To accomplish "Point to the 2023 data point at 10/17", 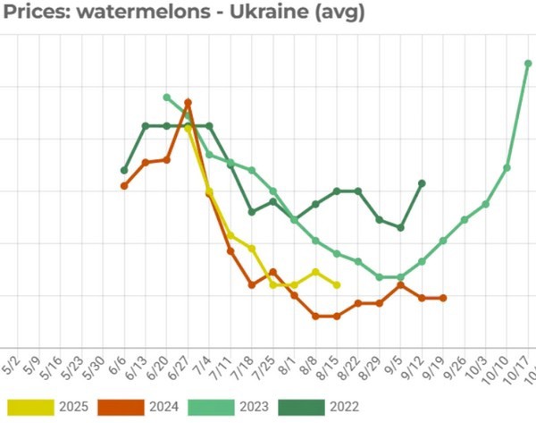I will click(528, 63).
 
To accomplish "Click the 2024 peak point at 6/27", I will click(188, 103).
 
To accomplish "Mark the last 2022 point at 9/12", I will click(422, 183).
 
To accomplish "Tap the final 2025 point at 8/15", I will click(337, 285).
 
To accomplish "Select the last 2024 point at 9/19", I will click(443, 298).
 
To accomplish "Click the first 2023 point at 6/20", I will click(167, 97).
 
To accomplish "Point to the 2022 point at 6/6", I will click(124, 170).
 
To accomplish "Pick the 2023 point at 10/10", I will click(507, 168).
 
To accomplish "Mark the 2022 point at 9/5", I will click(400, 227).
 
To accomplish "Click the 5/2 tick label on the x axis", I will click(12, 367).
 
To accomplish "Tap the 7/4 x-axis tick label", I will click(204, 367).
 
